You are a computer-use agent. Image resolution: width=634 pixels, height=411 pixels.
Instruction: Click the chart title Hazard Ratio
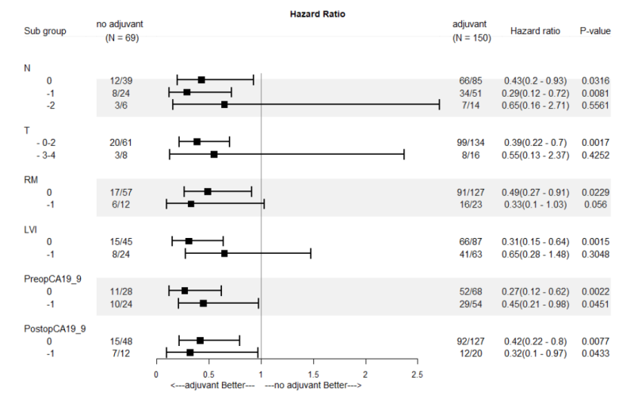coord(317,14)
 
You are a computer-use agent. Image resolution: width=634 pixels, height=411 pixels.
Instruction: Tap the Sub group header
coord(46,31)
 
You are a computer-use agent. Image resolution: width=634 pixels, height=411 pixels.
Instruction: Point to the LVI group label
coord(32,229)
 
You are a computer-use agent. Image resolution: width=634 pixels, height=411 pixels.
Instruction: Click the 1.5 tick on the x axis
coord(312,372)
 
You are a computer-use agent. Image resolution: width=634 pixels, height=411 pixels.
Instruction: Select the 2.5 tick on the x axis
coord(417,372)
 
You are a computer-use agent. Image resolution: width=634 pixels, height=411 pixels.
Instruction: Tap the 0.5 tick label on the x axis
coord(208,372)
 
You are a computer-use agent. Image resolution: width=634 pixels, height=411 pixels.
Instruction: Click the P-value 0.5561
coord(594,104)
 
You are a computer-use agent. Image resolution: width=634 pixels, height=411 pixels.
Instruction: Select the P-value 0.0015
coord(594,241)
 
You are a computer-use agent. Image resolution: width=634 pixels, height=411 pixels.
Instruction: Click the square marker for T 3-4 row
coord(214,154)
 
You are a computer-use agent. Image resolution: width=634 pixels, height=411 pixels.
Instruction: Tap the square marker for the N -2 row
coord(224,104)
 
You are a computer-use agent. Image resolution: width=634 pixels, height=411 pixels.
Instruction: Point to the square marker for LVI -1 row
coord(224,253)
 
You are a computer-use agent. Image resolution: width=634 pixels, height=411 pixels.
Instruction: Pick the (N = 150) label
coord(468,38)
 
